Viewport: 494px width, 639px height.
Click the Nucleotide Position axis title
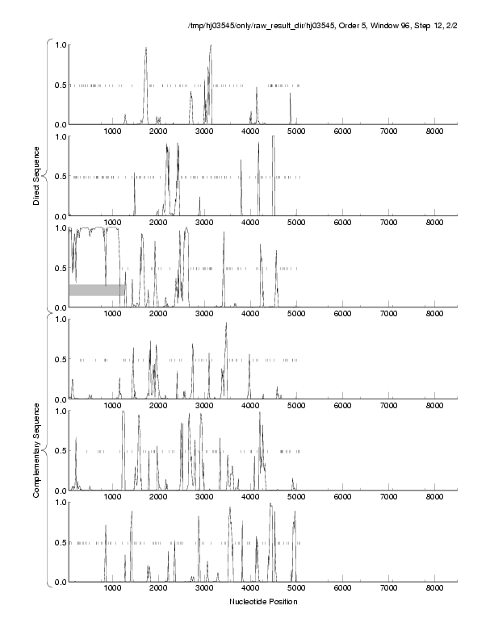click(263, 602)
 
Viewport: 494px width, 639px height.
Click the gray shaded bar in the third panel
click(97, 290)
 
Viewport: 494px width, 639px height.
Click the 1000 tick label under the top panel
click(114, 132)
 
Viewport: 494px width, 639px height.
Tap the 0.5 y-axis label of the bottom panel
click(59, 542)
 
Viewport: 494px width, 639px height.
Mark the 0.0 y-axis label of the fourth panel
click(59, 399)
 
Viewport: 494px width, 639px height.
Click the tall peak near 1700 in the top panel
click(146, 50)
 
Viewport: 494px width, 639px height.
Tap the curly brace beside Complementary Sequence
click(48, 449)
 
